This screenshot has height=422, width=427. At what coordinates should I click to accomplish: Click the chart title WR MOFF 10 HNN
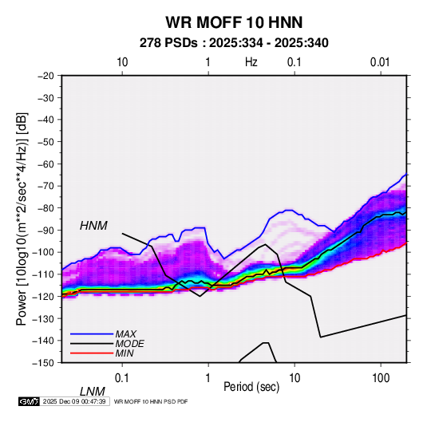click(x=234, y=22)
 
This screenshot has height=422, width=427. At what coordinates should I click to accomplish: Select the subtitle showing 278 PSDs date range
click(x=234, y=43)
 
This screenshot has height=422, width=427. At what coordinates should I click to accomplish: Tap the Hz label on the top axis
click(x=251, y=62)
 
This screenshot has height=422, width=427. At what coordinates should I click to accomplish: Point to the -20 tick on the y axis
click(x=45, y=76)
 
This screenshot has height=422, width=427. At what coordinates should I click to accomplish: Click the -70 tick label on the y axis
click(x=45, y=186)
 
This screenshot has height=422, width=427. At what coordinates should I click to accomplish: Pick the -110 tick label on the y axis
click(x=43, y=274)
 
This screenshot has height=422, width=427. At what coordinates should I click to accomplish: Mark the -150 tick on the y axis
click(x=43, y=363)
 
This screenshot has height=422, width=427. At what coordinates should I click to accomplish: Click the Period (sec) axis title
click(x=251, y=387)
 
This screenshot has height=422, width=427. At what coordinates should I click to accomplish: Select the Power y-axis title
click(x=22, y=219)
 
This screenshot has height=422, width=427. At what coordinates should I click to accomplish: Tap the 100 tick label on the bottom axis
click(x=381, y=378)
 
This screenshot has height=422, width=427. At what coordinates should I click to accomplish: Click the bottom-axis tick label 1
click(x=208, y=378)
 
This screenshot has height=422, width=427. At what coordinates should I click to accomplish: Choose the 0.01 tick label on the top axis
click(x=380, y=62)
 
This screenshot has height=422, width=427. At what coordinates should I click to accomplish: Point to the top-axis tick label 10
click(x=122, y=62)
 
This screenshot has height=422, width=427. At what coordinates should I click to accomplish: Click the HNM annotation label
click(x=93, y=226)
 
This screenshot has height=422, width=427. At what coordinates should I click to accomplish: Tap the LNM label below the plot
click(x=93, y=392)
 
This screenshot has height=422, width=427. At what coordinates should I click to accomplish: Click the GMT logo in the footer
click(x=30, y=401)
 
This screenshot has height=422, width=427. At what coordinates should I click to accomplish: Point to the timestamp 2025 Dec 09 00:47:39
click(x=74, y=401)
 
